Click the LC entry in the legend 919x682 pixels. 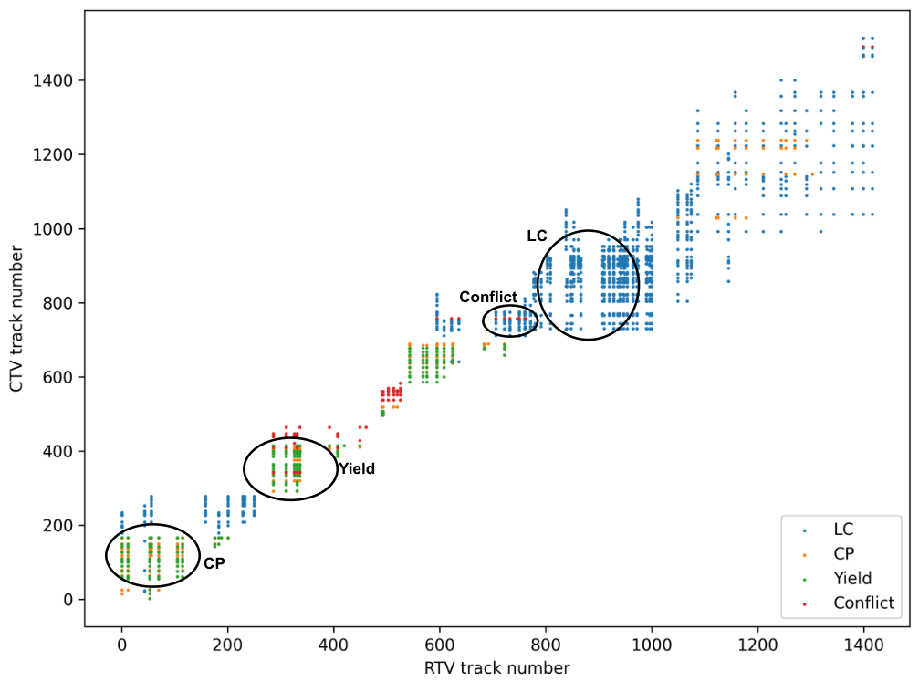[843, 529]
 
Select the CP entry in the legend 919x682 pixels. [844, 553]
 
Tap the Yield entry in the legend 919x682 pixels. [852, 578]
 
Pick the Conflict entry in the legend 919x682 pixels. [864, 603]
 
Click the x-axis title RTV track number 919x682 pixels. [497, 668]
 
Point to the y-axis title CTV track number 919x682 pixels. [16, 319]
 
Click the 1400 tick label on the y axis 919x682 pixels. [53, 80]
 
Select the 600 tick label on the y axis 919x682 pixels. [58, 377]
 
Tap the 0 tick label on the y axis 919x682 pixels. [68, 600]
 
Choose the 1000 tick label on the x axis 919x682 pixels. [652, 645]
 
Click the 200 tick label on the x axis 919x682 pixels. [227, 645]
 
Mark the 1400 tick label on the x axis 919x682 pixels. [863, 645]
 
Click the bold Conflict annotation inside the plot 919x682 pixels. [488, 298]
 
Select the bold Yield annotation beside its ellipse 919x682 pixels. [357, 469]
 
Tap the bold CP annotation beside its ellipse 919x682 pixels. [214, 563]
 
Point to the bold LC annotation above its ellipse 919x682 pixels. [537, 236]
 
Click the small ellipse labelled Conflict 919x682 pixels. [510, 306]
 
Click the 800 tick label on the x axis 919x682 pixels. [545, 645]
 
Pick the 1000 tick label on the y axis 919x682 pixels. [53, 228]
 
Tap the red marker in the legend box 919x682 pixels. [804, 604]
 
